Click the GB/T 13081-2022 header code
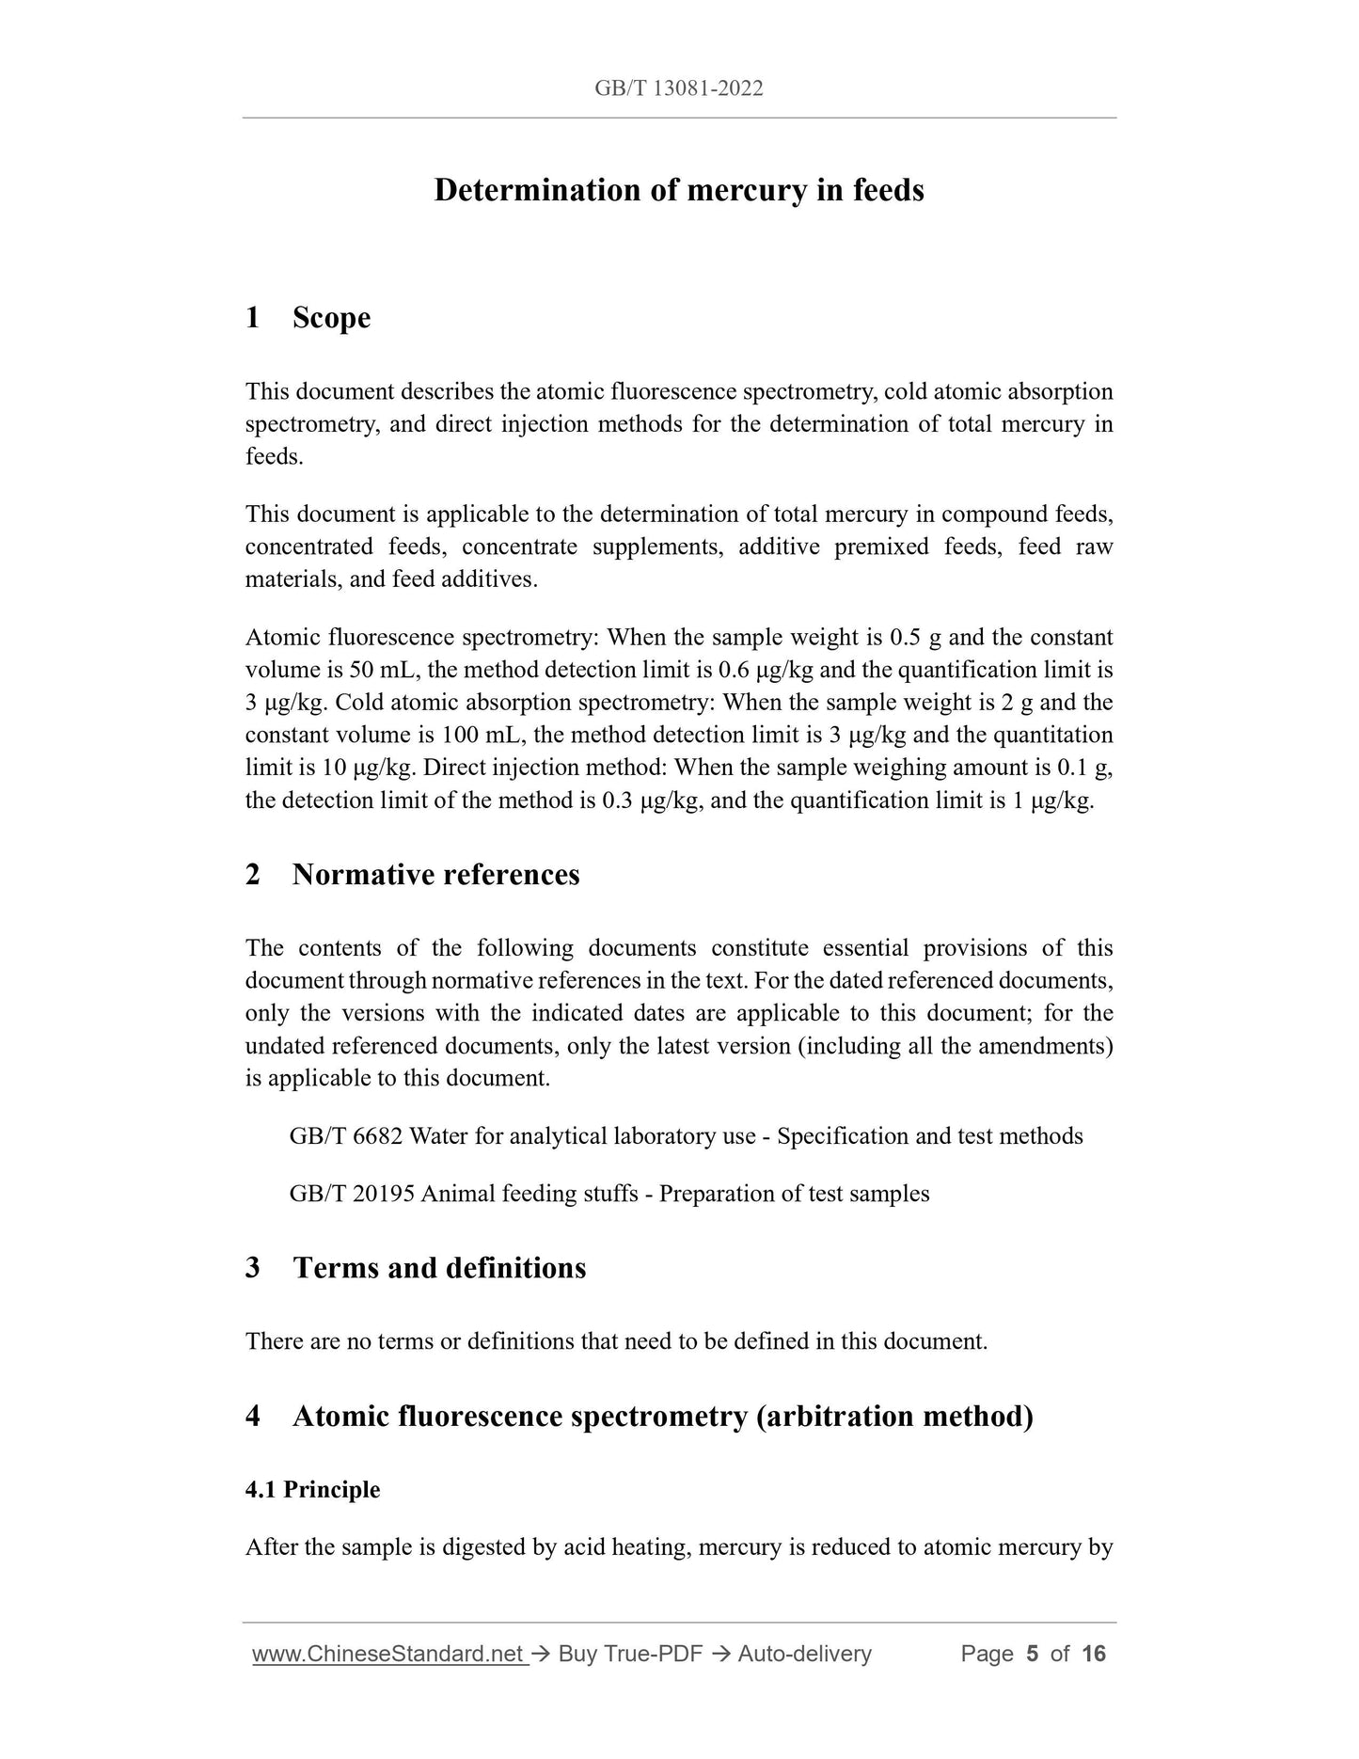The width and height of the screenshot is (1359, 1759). pos(678,88)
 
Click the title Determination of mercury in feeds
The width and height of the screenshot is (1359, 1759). pos(678,191)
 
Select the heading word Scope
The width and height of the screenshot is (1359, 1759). pos(331,318)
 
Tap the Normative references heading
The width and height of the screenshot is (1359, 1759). pos(435,875)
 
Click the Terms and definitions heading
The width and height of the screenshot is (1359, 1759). pos(439,1268)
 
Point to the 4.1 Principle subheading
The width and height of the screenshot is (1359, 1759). pos(312,1490)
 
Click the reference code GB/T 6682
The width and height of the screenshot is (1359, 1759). pos(346,1136)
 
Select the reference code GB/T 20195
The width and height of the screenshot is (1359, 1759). pos(352,1194)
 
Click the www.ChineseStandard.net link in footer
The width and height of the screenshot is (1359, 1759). pos(388,1654)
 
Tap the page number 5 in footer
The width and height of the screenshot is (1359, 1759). pos(1032,1654)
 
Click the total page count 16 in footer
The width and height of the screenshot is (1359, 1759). pos(1093,1654)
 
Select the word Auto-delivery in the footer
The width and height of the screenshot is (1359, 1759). pos(804,1654)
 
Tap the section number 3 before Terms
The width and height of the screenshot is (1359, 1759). pos(253,1268)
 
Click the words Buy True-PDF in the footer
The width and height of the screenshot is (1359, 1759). pos(630,1654)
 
